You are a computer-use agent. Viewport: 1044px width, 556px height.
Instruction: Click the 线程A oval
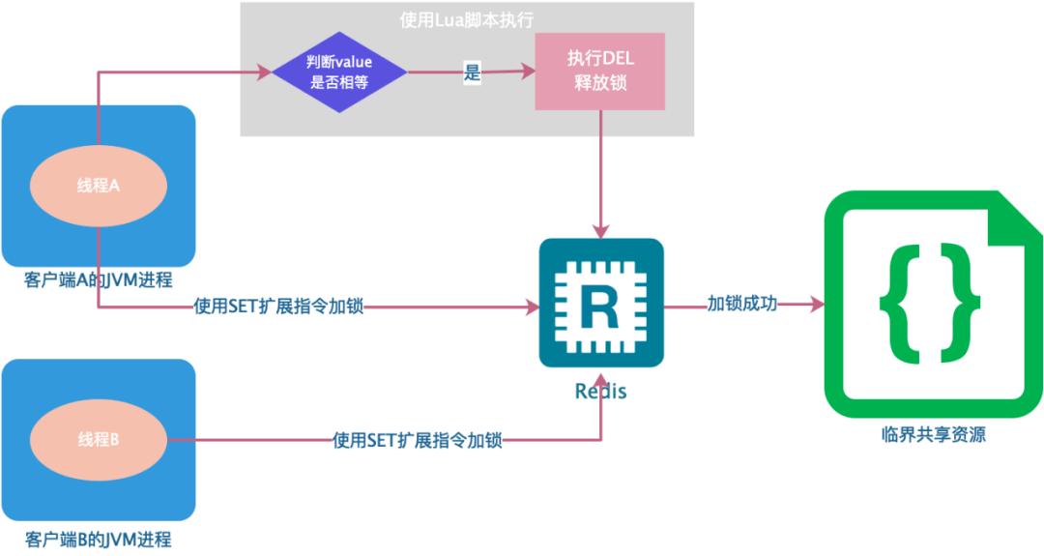click(x=99, y=186)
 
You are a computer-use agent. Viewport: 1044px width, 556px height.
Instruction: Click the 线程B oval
click(x=99, y=440)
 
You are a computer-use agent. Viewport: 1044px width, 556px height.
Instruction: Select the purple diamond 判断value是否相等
click(x=338, y=73)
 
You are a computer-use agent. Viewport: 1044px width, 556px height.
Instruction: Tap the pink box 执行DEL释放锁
click(x=600, y=72)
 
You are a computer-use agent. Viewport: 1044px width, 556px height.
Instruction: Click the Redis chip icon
click(x=601, y=304)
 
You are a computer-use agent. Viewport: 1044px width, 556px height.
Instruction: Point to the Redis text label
click(x=600, y=392)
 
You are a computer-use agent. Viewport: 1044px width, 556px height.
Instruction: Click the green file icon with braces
click(x=933, y=305)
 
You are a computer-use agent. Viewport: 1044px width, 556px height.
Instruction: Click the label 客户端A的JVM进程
click(x=99, y=280)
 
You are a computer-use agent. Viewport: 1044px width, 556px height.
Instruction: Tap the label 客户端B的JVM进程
click(x=99, y=539)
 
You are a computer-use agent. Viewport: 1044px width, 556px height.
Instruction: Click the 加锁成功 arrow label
click(x=741, y=304)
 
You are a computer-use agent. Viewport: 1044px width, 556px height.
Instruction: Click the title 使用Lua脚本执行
click(x=466, y=19)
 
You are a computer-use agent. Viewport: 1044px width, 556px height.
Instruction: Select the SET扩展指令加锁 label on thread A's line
click(x=280, y=307)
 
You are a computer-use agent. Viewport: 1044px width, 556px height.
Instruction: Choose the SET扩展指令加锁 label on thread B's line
click(x=418, y=440)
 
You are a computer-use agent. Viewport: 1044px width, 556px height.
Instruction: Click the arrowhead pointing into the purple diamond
click(x=264, y=72)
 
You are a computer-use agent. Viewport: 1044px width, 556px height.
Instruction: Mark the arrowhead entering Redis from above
click(x=601, y=231)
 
